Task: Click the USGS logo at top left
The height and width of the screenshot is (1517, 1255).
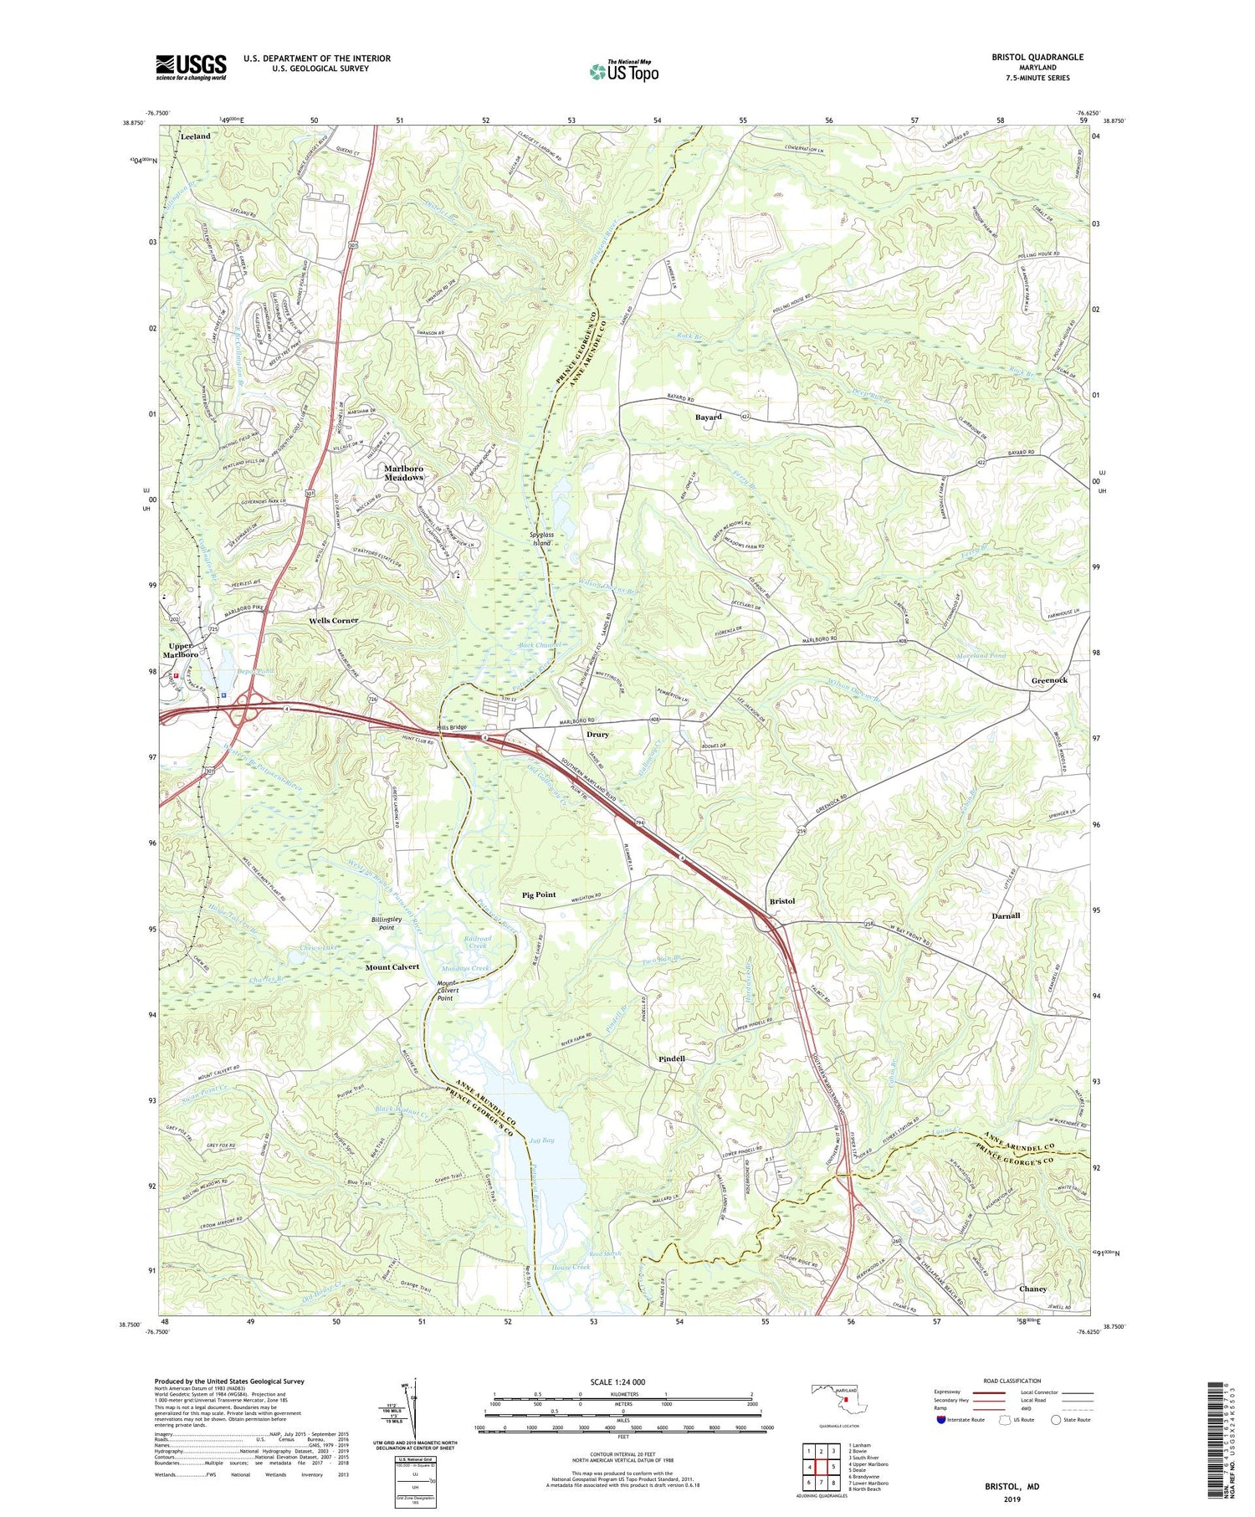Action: (191, 67)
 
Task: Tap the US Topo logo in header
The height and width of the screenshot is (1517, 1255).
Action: (623, 71)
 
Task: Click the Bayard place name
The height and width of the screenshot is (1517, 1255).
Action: (708, 417)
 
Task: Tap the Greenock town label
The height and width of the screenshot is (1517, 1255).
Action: (1048, 680)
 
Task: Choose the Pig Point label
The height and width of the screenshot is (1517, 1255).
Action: (539, 894)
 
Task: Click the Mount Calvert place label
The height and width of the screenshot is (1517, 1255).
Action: (392, 966)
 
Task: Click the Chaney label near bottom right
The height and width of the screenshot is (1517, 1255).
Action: (1032, 1289)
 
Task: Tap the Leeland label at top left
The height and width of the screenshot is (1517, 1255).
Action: (195, 136)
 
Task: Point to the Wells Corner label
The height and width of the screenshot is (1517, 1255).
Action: (333, 620)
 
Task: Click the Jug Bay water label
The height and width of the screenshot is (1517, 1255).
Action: (541, 1140)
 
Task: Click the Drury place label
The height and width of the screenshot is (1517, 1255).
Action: (597, 735)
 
